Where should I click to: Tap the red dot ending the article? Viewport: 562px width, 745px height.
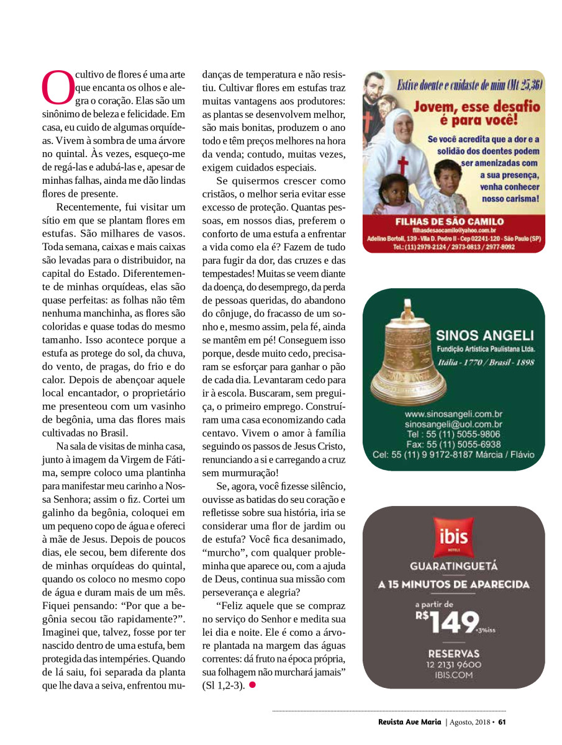pyautogui.click(x=253, y=685)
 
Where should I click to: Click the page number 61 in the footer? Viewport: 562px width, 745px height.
pyautogui.click(x=502, y=722)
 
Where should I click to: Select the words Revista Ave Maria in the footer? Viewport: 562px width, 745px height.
pyautogui.click(x=409, y=722)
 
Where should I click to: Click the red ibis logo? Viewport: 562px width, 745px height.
pyautogui.click(x=453, y=537)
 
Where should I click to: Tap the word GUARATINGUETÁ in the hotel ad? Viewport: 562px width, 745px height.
pyautogui.click(x=453, y=566)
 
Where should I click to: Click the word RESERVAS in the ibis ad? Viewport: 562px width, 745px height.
pyautogui.click(x=453, y=653)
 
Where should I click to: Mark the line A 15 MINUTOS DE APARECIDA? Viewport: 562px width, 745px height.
pyautogui.click(x=453, y=584)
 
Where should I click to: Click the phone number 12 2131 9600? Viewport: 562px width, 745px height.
pyautogui.click(x=453, y=664)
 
